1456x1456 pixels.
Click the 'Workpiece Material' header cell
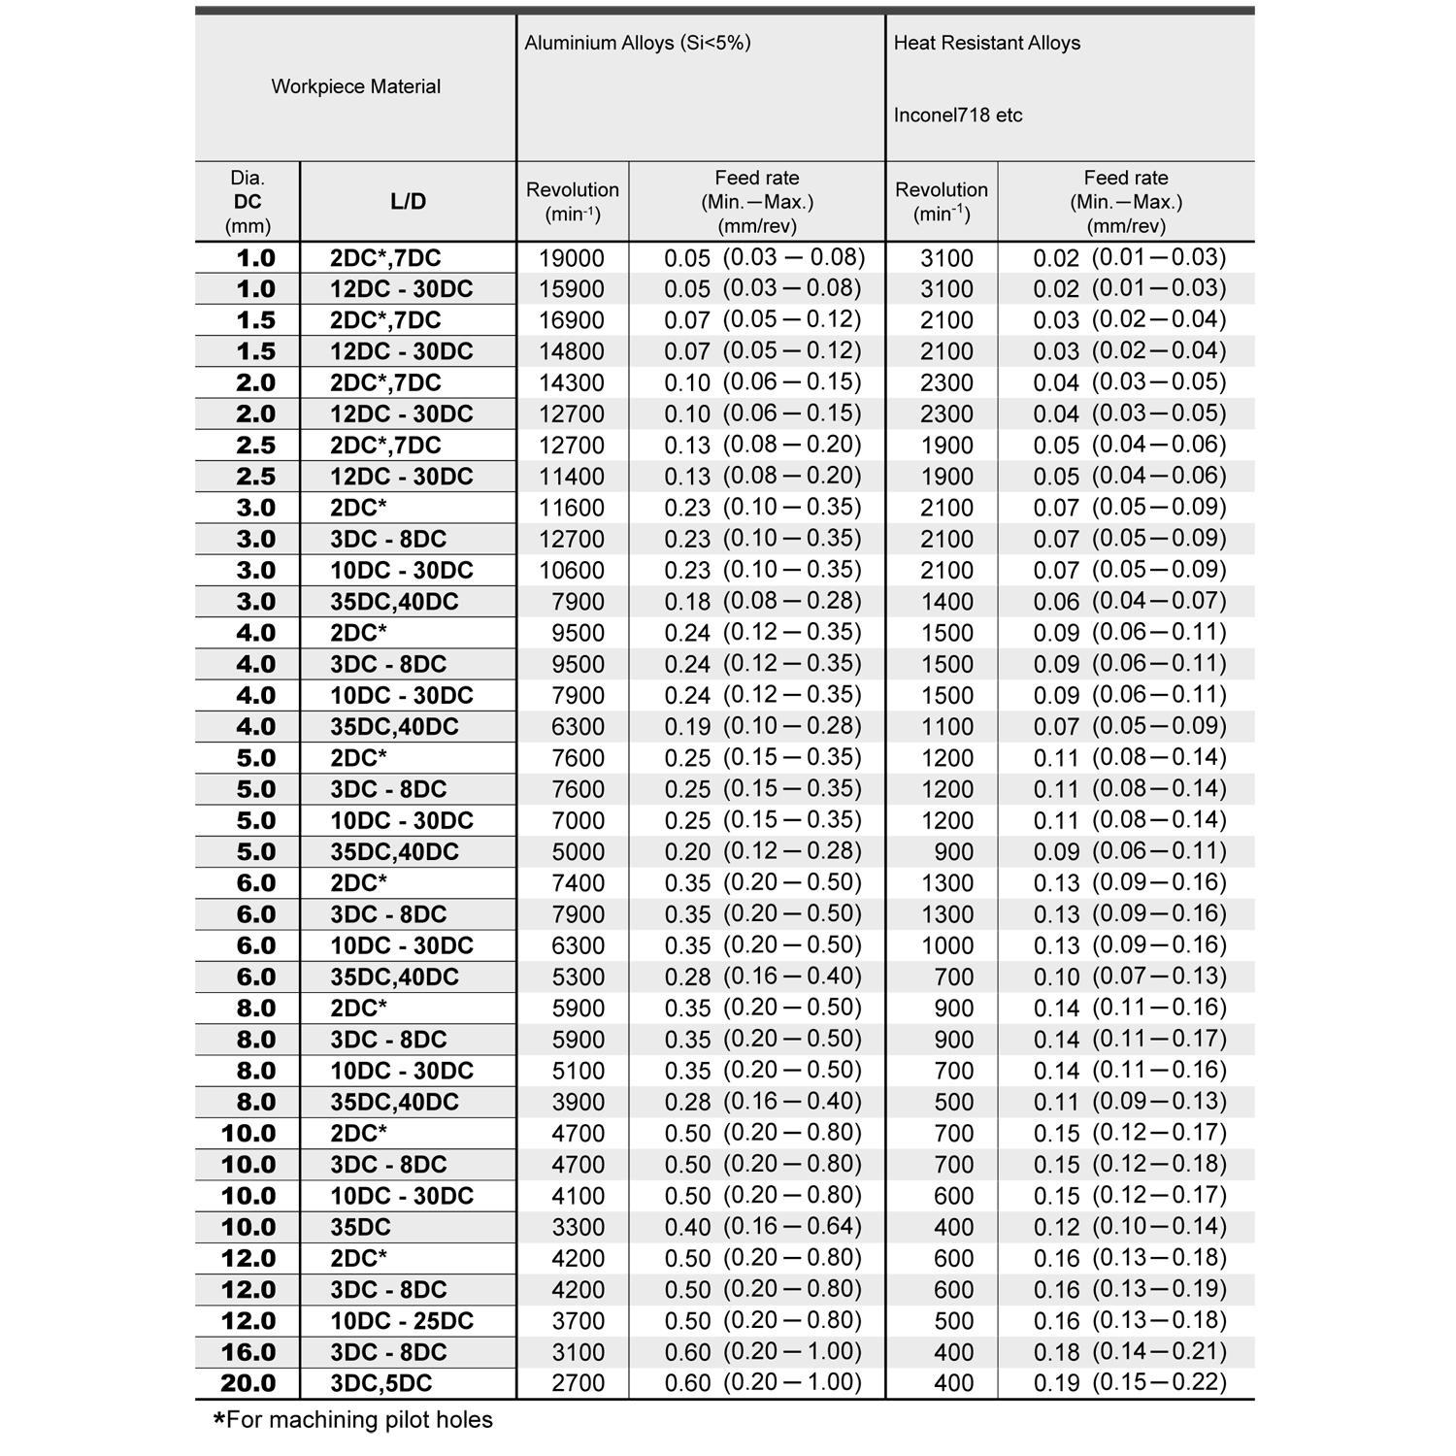pos(355,86)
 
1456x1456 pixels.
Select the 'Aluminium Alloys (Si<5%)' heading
pos(637,43)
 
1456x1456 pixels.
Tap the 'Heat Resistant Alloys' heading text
pos(986,43)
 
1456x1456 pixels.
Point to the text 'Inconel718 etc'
pos(957,116)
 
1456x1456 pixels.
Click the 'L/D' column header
pos(408,202)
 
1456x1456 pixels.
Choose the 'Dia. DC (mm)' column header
pos(248,202)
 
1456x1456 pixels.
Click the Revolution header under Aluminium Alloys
pos(572,201)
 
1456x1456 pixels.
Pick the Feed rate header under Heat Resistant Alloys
pos(1125,202)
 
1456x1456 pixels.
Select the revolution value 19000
pos(572,258)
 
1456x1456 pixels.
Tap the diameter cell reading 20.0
pos(248,1383)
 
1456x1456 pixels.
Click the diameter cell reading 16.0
pos(248,1352)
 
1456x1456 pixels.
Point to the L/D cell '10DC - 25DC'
pos(402,1321)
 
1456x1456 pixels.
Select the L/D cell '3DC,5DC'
pos(381,1383)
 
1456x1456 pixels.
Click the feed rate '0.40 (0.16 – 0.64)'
pos(763,1227)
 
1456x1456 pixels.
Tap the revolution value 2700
pos(578,1383)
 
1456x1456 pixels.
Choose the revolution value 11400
pos(572,477)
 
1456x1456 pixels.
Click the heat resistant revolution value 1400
pos(946,602)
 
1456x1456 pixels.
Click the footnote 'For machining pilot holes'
pos(354,1420)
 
